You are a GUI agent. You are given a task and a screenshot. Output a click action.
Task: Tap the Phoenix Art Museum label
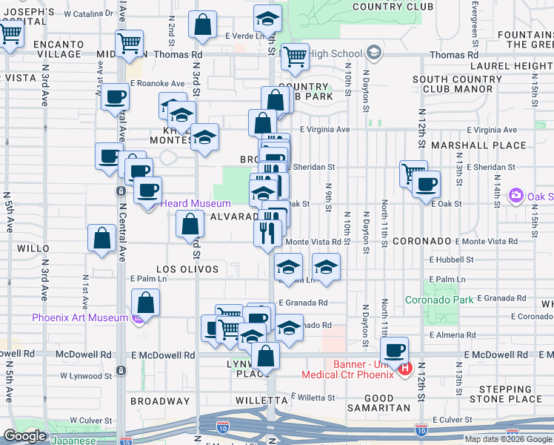point(79,318)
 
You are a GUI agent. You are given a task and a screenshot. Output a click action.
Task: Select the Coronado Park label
point(439,300)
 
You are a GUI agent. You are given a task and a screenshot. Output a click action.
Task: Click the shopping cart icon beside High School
point(295,56)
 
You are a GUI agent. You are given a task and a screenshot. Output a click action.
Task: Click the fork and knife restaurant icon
point(267,233)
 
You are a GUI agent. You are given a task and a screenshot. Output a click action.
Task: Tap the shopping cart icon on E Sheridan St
point(413,174)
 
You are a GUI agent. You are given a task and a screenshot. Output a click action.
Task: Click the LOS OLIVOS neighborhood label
point(187,269)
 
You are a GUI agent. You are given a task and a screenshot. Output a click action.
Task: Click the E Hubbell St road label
point(452,260)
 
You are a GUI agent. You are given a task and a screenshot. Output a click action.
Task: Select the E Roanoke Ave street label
point(157,84)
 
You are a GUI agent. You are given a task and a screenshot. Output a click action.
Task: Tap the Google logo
point(25,436)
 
